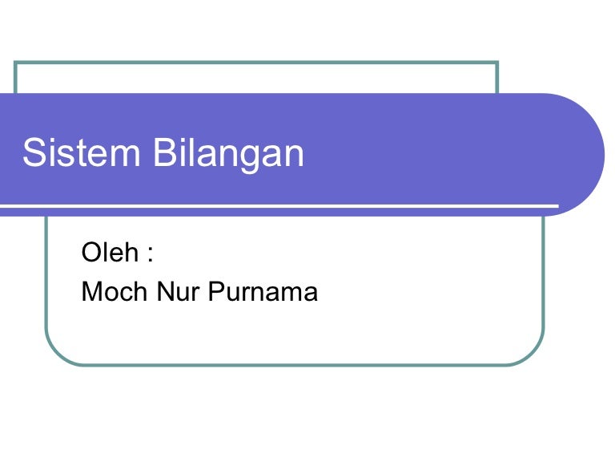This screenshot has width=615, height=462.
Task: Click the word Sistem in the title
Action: tap(81, 152)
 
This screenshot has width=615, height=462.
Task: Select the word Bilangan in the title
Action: tap(228, 155)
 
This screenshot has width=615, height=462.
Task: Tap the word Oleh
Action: tap(110, 252)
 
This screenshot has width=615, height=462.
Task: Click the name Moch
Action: tap(115, 291)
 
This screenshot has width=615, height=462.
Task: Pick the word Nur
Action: tap(178, 291)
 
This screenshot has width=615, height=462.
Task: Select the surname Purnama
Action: tap(263, 291)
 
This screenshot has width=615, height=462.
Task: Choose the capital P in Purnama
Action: tap(217, 291)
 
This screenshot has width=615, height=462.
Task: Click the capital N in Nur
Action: tap(166, 291)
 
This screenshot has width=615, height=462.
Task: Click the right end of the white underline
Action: tap(558, 206)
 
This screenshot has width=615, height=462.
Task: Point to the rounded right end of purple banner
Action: tap(604, 155)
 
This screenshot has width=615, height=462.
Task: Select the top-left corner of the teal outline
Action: tap(15, 62)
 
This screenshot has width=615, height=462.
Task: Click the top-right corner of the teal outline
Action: tap(497, 62)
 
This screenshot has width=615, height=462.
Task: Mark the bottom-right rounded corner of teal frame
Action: tap(533, 353)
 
